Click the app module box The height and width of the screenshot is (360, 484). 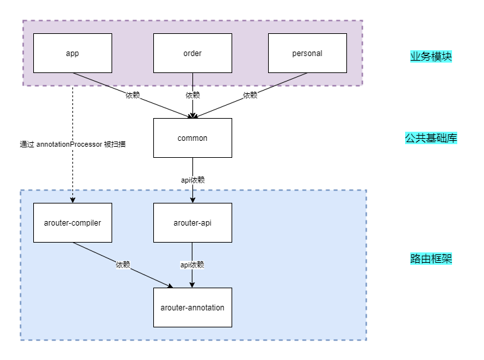pos(72,53)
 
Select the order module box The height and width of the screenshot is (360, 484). pos(192,53)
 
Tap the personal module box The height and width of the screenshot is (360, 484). pos(307,53)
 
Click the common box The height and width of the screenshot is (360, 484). pos(192,138)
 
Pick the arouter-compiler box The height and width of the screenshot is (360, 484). pos(72,222)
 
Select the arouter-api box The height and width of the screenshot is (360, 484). pos(192,222)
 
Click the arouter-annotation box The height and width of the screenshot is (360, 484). pos(192,307)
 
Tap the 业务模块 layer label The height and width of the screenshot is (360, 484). pos(431,56)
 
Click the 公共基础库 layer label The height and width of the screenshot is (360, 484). pos(431,138)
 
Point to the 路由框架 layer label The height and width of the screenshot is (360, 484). pos(431,259)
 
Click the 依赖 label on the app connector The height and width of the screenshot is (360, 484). pos(133,95)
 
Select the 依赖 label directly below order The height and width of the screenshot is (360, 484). pos(192,95)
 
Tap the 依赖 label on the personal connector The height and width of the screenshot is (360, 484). pos(250,95)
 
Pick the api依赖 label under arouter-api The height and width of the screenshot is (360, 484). pos(192,265)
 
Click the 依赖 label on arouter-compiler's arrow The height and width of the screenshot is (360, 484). pos(123,265)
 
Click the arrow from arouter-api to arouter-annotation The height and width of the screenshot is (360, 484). pos(192,277)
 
